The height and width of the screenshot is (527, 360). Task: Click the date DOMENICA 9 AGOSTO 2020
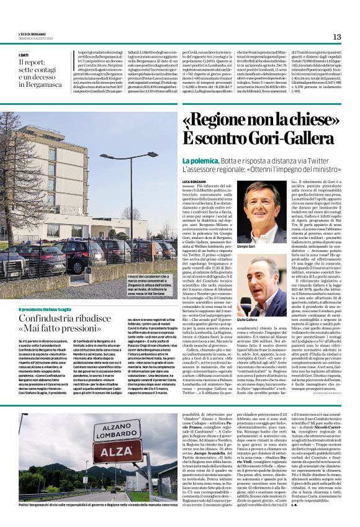[x=35, y=38]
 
